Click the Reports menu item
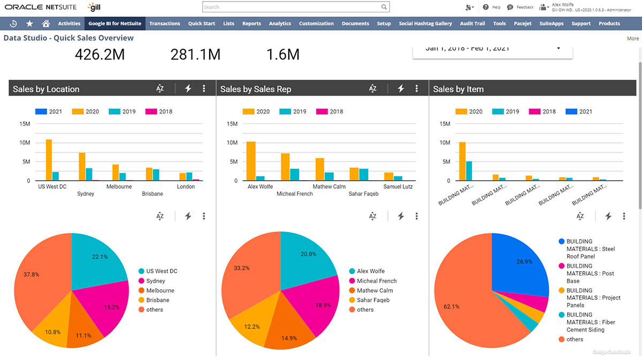[251, 24]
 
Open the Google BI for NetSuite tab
[115, 24]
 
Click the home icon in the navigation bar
[46, 24]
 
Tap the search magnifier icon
[384, 7]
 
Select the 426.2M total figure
[100, 55]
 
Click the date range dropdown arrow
[559, 49]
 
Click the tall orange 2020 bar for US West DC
[49, 160]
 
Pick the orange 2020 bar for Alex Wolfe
[251, 161]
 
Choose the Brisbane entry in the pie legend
[157, 300]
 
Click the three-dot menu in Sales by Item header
[624, 89]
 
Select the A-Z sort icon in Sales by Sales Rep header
[373, 89]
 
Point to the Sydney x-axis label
[86, 194]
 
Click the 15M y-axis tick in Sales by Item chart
[444, 124]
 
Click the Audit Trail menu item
[472, 24]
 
